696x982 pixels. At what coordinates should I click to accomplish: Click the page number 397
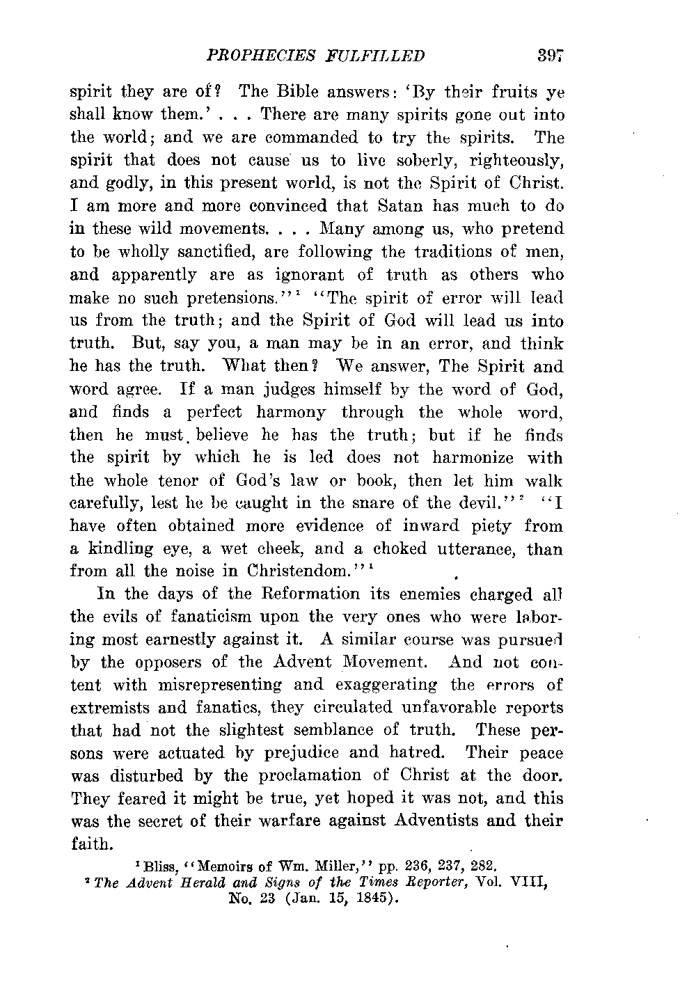(550, 56)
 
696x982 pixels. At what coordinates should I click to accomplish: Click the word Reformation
(307, 594)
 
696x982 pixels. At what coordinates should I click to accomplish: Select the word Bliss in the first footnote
(155, 867)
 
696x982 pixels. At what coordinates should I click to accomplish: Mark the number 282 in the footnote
(482, 867)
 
